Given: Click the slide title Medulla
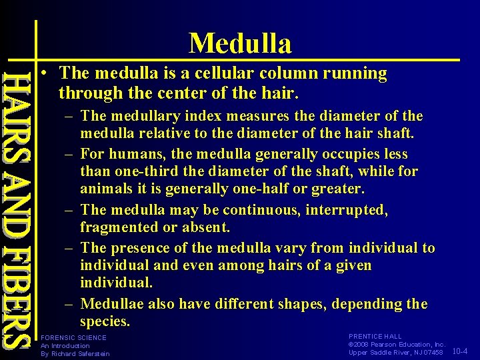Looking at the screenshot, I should point(240,44).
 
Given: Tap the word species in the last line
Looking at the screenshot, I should point(105,321).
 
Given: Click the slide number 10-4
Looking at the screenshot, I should point(460,351).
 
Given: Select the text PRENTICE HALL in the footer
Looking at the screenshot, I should point(375,337).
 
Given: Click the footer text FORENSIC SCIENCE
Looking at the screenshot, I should point(73,337).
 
